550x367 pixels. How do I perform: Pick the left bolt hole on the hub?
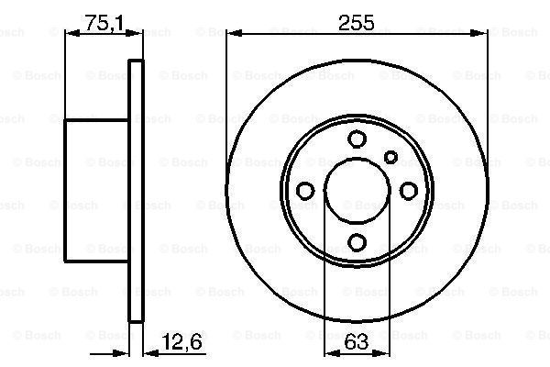[x=305, y=190]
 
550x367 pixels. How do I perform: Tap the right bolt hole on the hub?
[x=409, y=190]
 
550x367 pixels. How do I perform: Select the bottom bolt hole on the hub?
[x=357, y=242]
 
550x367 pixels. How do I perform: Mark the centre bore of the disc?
[x=357, y=190]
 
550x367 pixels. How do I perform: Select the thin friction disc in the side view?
[x=137, y=190]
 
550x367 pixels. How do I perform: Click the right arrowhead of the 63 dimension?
[x=383, y=352]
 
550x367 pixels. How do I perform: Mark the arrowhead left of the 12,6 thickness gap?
[x=125, y=352]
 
